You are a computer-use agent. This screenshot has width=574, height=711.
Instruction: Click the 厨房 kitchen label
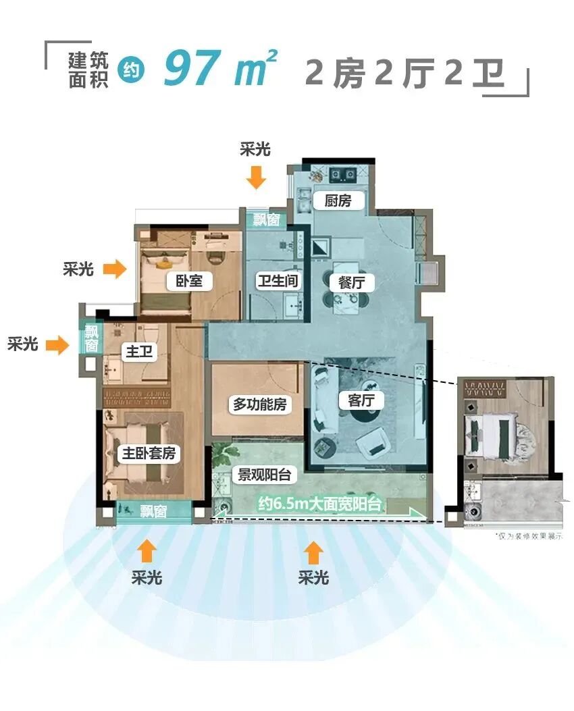pos(338,201)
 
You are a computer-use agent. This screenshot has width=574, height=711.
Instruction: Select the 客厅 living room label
pos(365,400)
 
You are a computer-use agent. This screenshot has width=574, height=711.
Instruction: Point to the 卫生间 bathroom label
pos(278,281)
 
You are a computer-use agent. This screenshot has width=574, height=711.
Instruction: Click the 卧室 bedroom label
pos(189,281)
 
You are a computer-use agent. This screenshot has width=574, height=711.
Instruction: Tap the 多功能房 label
pos(260,404)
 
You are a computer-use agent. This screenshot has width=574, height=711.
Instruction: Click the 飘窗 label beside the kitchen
pos(266,219)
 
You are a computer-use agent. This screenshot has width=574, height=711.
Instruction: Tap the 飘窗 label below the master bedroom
pos(153,512)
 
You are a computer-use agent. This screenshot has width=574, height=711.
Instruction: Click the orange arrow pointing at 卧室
pos(114,269)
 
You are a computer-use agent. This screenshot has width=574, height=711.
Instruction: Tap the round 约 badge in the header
pos(131,72)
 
